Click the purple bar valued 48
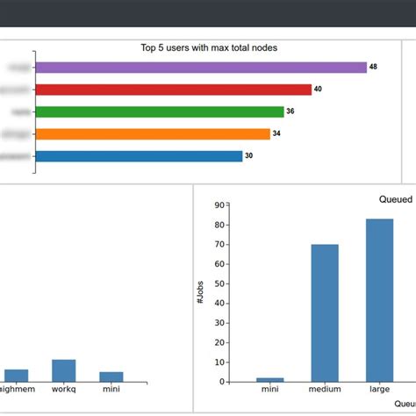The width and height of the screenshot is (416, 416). click(201, 68)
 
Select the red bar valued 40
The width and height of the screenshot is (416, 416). click(174, 90)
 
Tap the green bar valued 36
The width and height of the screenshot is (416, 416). click(160, 111)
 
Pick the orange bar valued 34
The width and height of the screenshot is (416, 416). click(153, 133)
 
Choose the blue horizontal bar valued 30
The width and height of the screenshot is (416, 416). click(139, 156)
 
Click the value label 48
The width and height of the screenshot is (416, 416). click(373, 68)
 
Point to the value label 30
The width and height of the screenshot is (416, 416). click(248, 156)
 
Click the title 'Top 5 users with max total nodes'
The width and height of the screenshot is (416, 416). click(209, 48)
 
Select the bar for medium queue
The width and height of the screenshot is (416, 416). click(325, 313)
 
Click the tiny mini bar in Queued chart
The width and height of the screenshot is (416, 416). click(270, 380)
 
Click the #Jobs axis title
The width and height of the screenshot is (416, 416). click(200, 295)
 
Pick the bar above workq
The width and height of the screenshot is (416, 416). click(64, 370)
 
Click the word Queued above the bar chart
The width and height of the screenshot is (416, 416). click(395, 199)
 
